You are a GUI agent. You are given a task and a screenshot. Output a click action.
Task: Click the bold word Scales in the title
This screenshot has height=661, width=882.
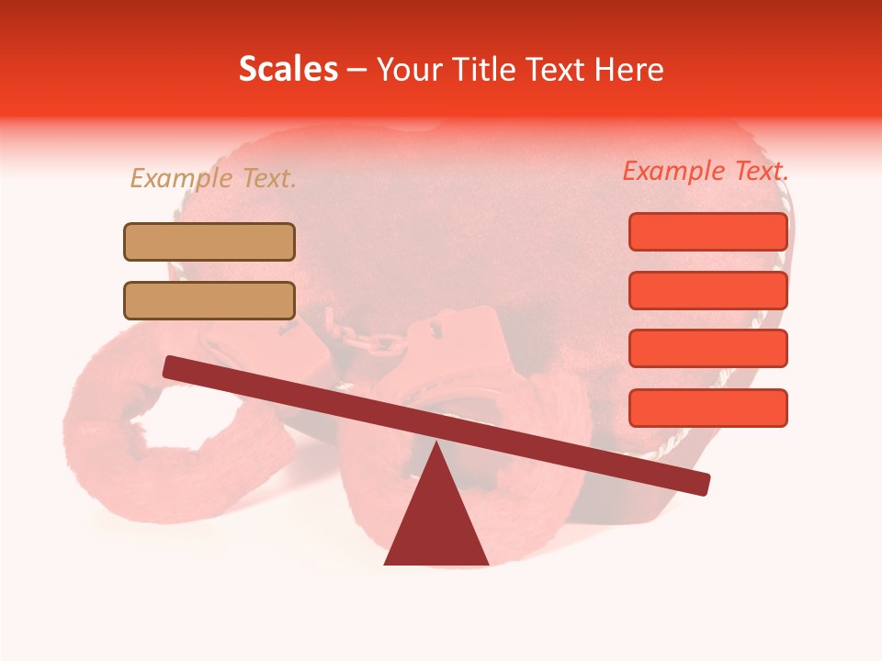point(288,70)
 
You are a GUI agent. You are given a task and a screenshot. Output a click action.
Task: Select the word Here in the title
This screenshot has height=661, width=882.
point(628,70)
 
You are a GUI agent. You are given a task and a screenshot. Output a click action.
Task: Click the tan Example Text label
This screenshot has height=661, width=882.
point(213,179)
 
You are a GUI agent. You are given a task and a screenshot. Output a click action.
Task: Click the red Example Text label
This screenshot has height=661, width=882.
point(706,171)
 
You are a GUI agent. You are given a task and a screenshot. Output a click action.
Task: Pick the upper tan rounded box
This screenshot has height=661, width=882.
point(209,242)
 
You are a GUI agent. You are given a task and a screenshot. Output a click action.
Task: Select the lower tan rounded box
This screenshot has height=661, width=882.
point(209,300)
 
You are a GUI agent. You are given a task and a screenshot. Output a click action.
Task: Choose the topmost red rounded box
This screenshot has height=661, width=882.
point(707,231)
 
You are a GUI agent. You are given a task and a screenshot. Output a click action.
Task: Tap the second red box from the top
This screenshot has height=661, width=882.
point(707,290)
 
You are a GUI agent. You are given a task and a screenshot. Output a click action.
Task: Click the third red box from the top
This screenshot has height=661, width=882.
point(707,349)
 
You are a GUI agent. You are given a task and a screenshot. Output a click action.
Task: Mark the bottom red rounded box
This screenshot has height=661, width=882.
point(707,408)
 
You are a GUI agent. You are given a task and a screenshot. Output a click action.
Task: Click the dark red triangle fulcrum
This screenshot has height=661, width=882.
point(436,519)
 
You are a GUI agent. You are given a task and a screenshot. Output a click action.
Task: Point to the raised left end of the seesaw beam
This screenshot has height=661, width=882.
point(170,366)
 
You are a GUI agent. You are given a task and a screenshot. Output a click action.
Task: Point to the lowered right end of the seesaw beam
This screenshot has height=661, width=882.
point(703,484)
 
